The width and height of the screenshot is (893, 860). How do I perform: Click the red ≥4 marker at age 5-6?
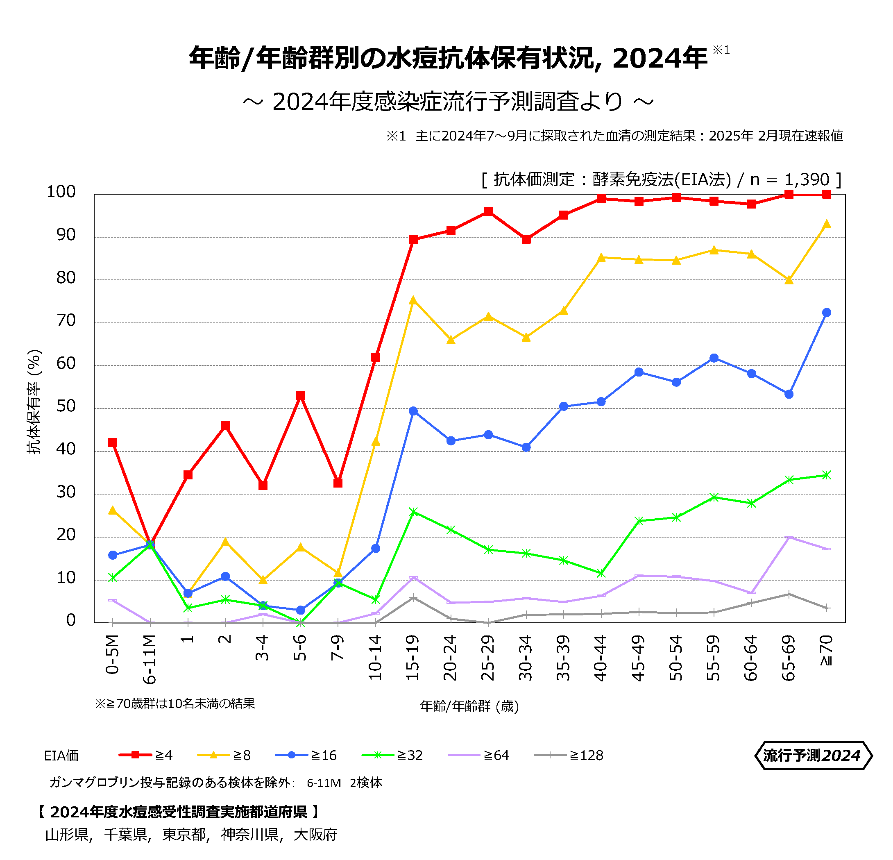tap(300, 396)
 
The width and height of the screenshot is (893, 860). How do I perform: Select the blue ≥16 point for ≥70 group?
tap(827, 313)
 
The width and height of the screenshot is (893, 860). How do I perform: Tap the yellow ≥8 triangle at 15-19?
tap(413, 300)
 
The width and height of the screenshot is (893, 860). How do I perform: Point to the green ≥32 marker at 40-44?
tap(601, 573)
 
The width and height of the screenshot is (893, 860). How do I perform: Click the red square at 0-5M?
tap(113, 442)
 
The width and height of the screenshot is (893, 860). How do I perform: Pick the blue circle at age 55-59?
tap(714, 358)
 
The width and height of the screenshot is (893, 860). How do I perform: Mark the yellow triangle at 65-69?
tap(789, 280)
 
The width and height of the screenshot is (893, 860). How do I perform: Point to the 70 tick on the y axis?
tap(66, 321)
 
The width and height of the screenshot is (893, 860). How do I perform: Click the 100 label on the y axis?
tap(61, 192)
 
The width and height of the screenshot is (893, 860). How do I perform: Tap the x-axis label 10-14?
tap(375, 658)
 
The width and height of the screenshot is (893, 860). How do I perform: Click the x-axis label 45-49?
tap(638, 658)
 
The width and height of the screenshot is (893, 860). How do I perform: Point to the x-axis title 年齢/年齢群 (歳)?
tap(469, 707)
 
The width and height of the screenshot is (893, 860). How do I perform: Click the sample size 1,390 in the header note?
tap(807, 179)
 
